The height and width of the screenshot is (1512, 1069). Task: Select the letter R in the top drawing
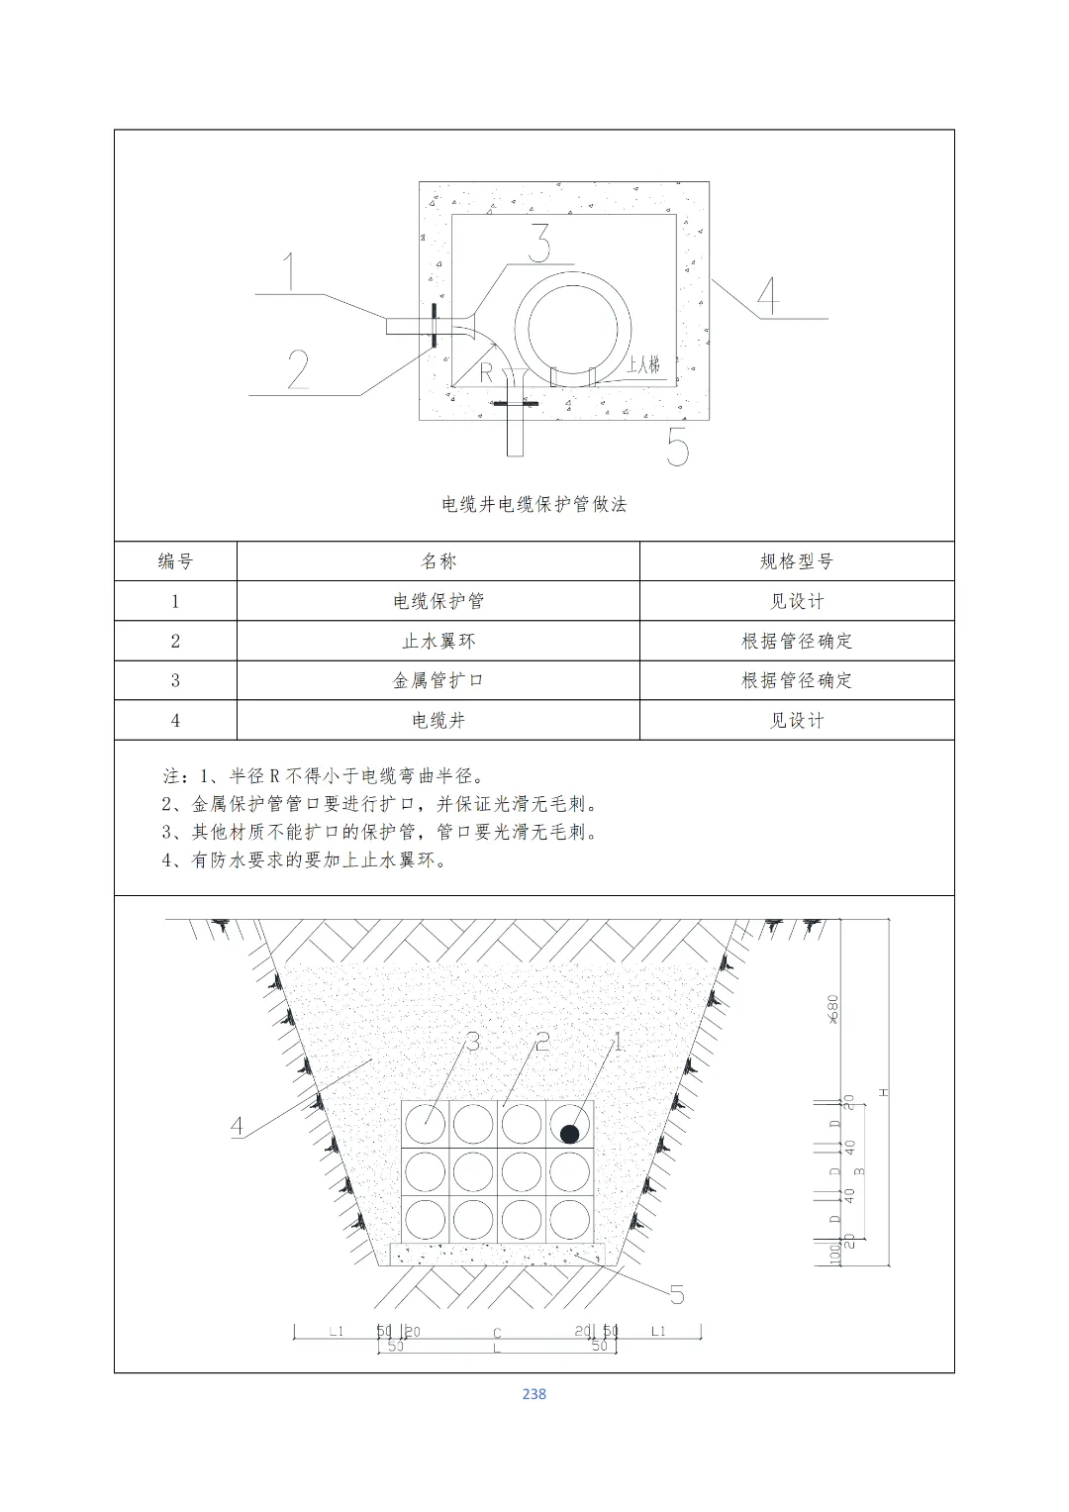[x=486, y=372]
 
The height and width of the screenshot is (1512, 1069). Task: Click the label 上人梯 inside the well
[x=642, y=364]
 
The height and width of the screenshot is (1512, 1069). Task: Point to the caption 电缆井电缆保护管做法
[x=534, y=504]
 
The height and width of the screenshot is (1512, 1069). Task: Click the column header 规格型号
[x=797, y=561]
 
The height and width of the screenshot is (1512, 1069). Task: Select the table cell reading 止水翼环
[x=438, y=641]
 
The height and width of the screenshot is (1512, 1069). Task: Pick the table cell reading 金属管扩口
[x=438, y=680]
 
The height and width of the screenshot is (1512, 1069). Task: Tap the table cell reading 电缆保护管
[x=438, y=601]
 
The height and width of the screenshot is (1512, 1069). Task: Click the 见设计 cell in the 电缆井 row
[x=797, y=720]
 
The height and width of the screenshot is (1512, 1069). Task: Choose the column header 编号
[x=175, y=561]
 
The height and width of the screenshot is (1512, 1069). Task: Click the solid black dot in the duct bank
[x=569, y=1134]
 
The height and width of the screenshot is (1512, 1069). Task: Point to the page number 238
[x=534, y=1393]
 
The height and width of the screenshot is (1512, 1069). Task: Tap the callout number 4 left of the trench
[x=237, y=1126]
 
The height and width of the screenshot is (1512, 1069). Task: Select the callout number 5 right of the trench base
[x=677, y=1293]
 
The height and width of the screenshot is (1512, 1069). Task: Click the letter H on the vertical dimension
[x=884, y=1092]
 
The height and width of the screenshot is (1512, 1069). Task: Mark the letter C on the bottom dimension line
[x=498, y=1333]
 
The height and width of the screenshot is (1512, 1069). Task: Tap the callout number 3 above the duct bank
[x=473, y=1042]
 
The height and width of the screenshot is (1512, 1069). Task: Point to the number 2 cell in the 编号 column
[x=175, y=641]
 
